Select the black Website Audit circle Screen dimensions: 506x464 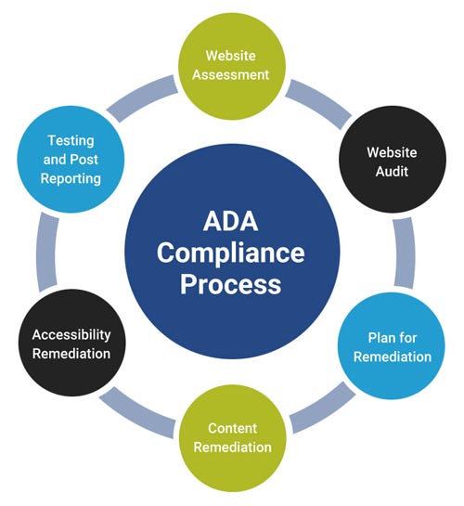pos(392,162)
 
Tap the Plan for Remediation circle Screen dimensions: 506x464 pos(398,345)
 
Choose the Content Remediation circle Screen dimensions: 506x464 pos(238,437)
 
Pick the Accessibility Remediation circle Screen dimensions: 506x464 pos(71,344)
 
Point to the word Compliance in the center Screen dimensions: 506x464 pos(230,253)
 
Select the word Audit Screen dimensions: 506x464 pos(392,173)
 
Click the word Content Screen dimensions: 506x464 pos(232,428)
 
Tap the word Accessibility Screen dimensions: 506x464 pos(71,334)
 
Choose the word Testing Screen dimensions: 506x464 pos(71,140)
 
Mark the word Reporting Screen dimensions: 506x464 pos(71,177)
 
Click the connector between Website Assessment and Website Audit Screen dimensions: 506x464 pos(316,97)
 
